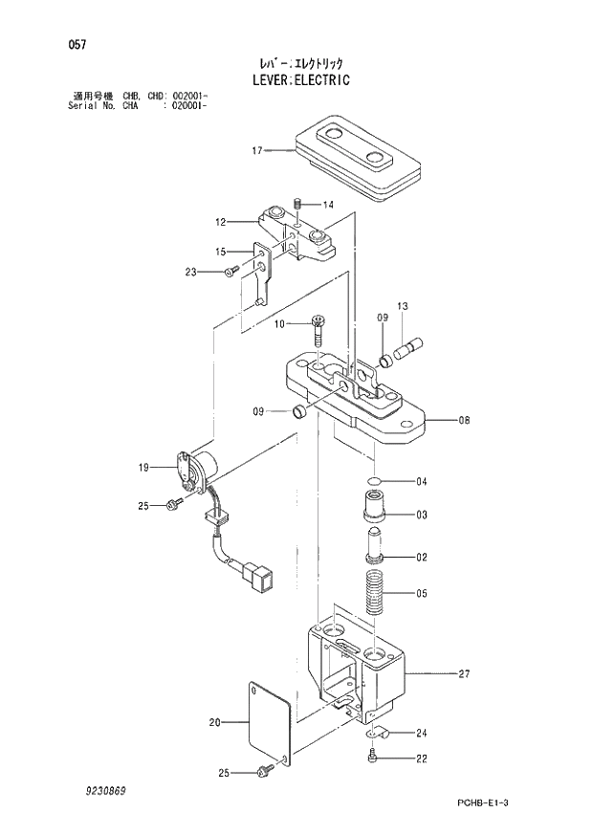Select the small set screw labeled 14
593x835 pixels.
298,204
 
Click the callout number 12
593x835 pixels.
220,222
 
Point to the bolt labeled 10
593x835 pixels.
318,331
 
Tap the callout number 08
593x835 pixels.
465,420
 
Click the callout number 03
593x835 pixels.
421,516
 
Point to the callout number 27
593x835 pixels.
465,674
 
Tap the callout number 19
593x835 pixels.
143,468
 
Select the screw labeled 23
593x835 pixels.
231,273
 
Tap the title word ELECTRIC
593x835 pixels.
320,81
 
